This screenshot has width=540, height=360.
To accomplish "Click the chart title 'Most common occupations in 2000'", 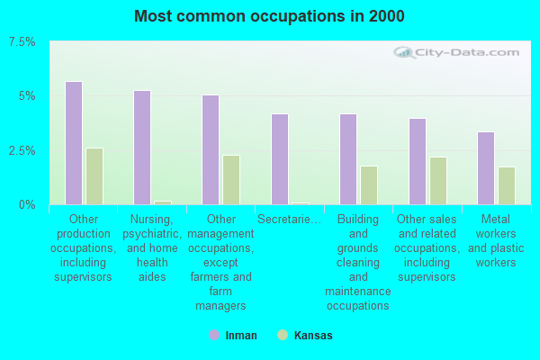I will [269, 16].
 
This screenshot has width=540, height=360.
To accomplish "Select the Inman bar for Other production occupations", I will [74, 143].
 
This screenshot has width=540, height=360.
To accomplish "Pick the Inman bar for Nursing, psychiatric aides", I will [142, 148].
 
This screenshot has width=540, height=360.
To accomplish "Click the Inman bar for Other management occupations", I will [211, 149].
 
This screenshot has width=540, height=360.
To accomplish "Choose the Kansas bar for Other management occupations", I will [231, 180].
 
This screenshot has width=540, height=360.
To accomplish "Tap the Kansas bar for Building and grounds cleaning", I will [369, 185].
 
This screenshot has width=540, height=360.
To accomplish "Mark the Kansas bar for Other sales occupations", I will [438, 181].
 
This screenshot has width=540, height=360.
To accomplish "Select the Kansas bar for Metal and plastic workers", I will [507, 185].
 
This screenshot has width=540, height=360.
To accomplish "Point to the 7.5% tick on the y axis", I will [22, 42].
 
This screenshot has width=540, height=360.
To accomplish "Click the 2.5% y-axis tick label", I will [22, 150].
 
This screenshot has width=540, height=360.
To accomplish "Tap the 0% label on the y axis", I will [28, 205].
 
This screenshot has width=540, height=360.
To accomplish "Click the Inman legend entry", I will [233, 336].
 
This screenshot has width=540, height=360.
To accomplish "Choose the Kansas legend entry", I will [305, 336].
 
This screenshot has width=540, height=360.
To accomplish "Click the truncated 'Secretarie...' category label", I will [289, 220].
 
